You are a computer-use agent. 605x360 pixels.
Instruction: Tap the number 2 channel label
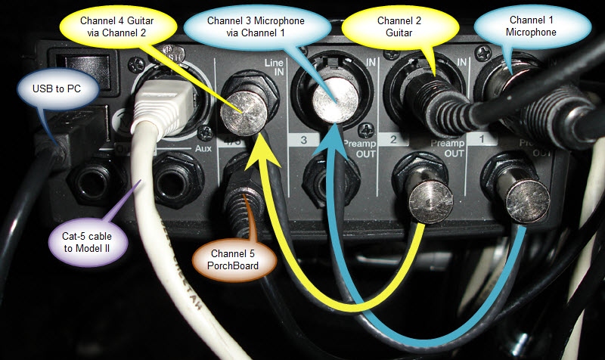pyautogui.click(x=393, y=140)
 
